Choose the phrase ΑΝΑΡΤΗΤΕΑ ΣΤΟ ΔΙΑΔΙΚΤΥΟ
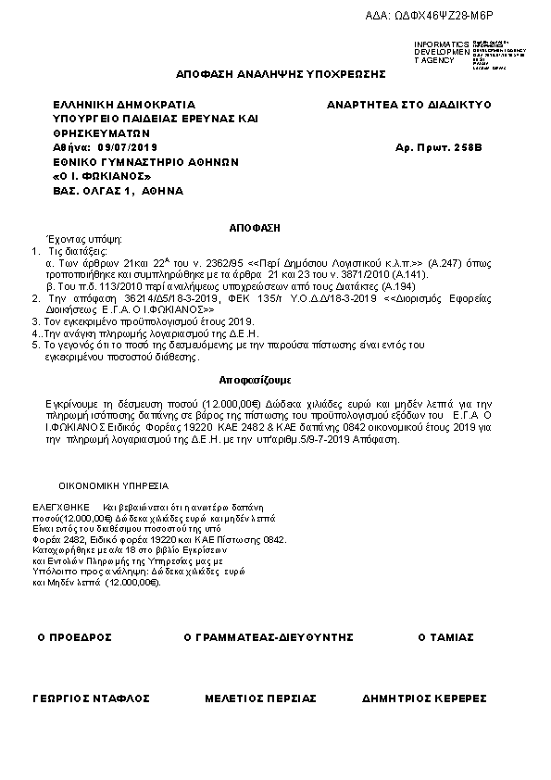click(x=408, y=105)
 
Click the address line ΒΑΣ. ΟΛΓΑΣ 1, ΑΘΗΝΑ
click(x=119, y=190)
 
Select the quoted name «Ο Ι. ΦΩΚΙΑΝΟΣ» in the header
click(x=102, y=176)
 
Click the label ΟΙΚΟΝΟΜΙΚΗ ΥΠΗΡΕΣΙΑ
click(x=114, y=485)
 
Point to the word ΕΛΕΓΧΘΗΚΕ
click(x=61, y=508)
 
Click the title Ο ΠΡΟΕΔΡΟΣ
click(x=74, y=637)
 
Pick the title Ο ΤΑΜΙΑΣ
click(x=446, y=637)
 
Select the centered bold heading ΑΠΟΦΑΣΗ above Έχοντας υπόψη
click(x=254, y=226)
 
